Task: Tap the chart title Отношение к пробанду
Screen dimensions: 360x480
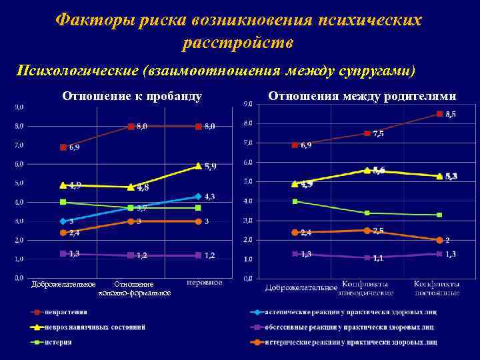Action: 132,96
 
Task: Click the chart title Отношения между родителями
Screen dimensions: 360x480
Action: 362,96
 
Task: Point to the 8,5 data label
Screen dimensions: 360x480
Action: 451,114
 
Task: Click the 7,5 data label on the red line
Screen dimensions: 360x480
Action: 378,134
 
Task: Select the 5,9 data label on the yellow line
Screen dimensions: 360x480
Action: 210,166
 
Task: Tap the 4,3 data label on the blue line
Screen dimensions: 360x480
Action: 209,196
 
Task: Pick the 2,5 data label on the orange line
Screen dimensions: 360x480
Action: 378,231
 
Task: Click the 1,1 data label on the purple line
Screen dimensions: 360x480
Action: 377,258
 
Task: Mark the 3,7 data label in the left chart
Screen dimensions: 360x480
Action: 141,208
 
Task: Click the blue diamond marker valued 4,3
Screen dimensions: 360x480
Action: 198,196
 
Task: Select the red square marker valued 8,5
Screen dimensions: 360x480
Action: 439,114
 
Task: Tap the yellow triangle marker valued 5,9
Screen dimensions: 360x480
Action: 198,166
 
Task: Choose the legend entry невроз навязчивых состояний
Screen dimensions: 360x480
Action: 99,327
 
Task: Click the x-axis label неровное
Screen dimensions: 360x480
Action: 204,282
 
